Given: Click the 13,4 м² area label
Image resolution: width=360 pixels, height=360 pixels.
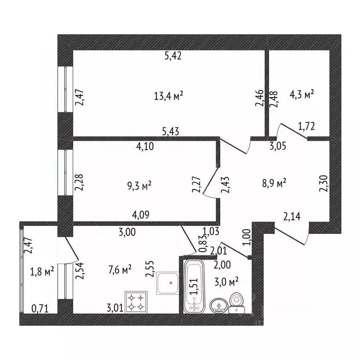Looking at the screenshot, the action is coord(168,96).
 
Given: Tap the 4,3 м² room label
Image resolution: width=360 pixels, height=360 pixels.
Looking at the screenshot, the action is coord(301,94).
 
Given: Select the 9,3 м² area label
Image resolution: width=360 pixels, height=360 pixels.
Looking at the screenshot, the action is coord(139,186).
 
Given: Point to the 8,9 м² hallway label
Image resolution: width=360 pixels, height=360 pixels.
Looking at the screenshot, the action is coord(274,183).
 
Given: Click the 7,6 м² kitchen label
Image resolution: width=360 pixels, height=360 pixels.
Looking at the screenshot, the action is coord(120,270).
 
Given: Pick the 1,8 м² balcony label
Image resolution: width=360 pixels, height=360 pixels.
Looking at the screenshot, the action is coord(42,271).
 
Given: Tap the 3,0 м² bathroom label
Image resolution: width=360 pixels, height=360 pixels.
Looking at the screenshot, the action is coord(226,282).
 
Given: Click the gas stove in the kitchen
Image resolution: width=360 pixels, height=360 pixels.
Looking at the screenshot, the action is coord(136,302).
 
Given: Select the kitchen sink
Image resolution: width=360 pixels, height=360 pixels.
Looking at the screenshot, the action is coord(168,283).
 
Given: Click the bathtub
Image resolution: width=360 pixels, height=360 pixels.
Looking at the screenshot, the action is coord(194,286).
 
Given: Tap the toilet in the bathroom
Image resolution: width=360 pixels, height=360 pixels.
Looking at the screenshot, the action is coord(237,303).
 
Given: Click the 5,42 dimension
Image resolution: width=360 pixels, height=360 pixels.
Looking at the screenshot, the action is coord(173,56).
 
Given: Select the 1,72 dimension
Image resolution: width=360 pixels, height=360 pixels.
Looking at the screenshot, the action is coord(306,126).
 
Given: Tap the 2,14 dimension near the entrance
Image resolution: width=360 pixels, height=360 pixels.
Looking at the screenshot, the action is coord(292,217).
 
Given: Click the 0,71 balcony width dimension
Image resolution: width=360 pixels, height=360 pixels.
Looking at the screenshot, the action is coord(40,309).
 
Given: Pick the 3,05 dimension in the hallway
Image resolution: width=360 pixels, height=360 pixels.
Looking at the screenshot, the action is coord(278,146).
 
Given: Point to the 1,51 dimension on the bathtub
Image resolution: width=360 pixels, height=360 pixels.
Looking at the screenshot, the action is coord(193,286).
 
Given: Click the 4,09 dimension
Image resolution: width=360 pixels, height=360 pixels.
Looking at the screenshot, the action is coord(141,215).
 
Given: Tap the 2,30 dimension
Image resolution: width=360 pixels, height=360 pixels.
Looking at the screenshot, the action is coord(323,183).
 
